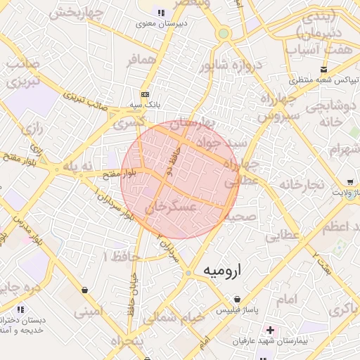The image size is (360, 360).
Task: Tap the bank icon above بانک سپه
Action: pos(145,94)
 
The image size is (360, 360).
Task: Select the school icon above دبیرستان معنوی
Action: pos(161,13)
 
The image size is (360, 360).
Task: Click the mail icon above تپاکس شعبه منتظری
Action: pos(323,69)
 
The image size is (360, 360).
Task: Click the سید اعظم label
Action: pos(341,227)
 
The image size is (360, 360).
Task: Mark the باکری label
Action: pos(345,309)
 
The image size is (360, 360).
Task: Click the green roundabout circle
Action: pos(224,33)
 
